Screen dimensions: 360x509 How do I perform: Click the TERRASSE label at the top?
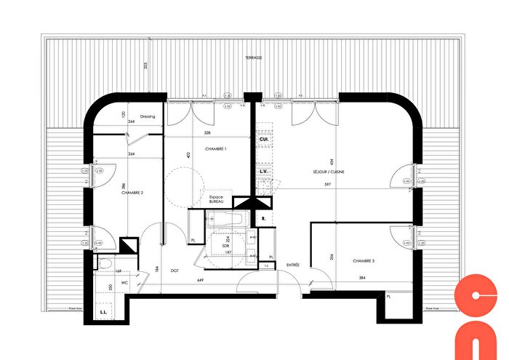click(254, 57)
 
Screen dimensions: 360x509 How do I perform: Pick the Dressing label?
click(148, 116)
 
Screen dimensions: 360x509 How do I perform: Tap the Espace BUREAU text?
click(215, 200)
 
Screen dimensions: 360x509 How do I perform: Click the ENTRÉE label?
click(293, 265)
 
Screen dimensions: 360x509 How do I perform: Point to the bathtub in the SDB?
click(227, 217)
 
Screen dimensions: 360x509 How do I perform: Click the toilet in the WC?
click(103, 264)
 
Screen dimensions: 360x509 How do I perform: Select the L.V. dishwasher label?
click(264, 172)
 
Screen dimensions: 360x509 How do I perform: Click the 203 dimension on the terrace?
click(145, 66)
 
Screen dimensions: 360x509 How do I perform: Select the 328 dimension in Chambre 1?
click(207, 133)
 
